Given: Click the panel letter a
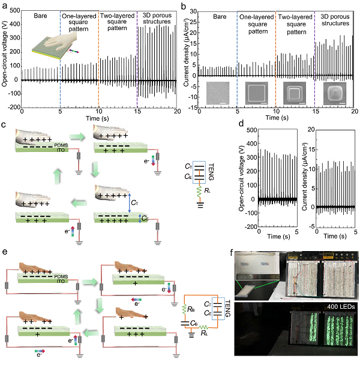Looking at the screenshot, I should coord(5,5).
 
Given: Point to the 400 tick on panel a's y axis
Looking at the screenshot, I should coord(16,10).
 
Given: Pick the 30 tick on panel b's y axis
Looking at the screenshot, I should coord(200,10).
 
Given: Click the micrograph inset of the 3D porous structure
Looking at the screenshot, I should coord(334,94).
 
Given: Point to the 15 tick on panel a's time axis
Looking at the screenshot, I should coord(137,112).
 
